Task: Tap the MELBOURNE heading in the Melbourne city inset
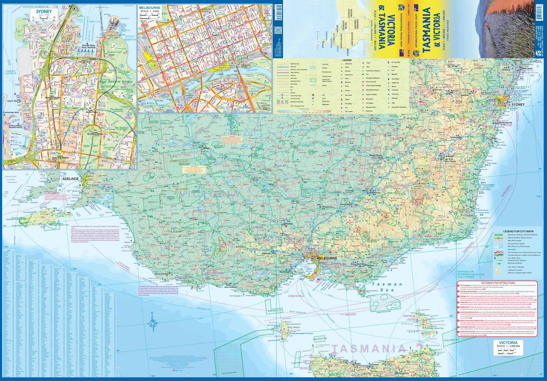coord(150,8)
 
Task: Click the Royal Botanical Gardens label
coord(116,82)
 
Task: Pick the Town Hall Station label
coord(60,158)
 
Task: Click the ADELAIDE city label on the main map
coord(70,179)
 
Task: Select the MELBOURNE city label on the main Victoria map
coord(327,258)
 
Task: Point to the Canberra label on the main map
coord(449,156)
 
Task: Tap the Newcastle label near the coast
coord(527,68)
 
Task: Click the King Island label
coord(294,327)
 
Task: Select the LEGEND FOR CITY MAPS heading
coord(518,231)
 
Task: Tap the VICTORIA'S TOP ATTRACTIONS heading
coord(498,283)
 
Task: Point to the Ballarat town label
coord(266,253)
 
